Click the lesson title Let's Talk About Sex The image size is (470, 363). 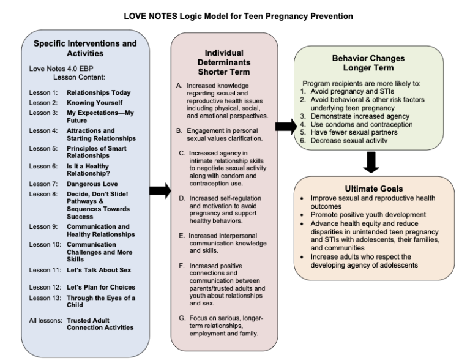[x=99, y=270]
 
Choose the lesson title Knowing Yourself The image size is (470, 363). [x=95, y=102]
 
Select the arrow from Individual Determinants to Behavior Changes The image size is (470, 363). [x=285, y=127]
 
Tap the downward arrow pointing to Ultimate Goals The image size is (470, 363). [x=371, y=162]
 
